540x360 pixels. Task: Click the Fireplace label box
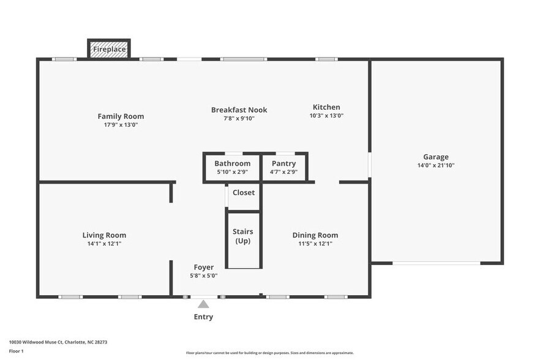pos(109,49)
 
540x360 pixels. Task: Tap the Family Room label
pos(121,116)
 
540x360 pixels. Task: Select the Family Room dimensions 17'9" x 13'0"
pos(121,125)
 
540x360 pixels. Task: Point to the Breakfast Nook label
pos(239,110)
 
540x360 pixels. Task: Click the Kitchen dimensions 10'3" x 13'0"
pos(326,116)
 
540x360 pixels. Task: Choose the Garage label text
pos(435,157)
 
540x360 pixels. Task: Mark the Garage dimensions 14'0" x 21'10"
pos(435,165)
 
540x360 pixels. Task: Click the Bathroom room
pos(232,167)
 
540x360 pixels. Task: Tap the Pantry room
pos(283,167)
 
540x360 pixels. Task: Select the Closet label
pos(243,192)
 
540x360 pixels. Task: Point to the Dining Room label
pos(315,235)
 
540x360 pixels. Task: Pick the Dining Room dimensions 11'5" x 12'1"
pos(315,244)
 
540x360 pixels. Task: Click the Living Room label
pos(104,235)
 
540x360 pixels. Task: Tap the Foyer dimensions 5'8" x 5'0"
pos(203,276)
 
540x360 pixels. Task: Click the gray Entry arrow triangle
pos(203,304)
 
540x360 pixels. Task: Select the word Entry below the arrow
pos(203,317)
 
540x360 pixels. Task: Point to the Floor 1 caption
pos(16,351)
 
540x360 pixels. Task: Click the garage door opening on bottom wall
pos(436,263)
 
